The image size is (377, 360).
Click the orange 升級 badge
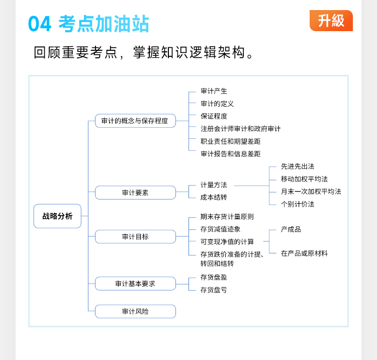coord(331,21)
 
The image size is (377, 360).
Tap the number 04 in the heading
coord(40,24)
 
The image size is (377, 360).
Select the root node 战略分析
coord(57,216)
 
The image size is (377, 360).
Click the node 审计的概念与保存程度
coord(135,121)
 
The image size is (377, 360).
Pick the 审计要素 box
coord(135,193)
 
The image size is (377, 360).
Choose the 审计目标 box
coord(135,237)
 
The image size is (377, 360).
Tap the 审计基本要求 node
coord(135,284)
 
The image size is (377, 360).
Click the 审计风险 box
coord(135,311)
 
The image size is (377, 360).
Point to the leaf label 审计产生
coord(214,91)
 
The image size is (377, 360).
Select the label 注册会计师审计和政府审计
coord(240,129)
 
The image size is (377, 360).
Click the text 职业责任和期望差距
coord(230,141)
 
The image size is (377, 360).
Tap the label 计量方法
coord(214,185)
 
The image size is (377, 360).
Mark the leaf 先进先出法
coord(298,166)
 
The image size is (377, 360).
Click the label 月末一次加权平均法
coord(311,192)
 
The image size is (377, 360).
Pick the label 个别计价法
coord(298,204)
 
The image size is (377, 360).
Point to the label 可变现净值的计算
coord(227,242)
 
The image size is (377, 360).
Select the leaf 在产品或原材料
coord(304,253)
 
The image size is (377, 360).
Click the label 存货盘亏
coord(214,290)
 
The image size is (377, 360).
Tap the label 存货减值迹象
coord(220,229)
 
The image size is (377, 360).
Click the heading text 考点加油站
coord(104,24)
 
